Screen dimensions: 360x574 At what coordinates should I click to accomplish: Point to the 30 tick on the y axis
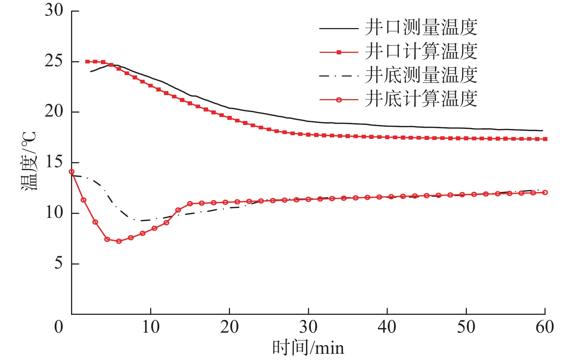(x=54, y=11)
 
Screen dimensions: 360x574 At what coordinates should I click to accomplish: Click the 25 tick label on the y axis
(x=54, y=61)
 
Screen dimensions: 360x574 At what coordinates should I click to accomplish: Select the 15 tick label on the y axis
(x=54, y=162)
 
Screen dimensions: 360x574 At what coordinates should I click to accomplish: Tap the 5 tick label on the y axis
(x=59, y=263)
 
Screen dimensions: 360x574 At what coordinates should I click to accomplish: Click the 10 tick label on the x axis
(x=151, y=327)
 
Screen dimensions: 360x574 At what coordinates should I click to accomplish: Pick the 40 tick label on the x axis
(x=387, y=327)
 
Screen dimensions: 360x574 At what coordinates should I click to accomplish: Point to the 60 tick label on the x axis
(x=545, y=327)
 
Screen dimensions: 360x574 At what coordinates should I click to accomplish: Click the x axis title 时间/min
(x=308, y=348)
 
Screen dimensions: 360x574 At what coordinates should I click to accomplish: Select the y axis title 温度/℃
(x=28, y=161)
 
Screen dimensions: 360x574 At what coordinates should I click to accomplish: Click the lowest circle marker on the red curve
(x=119, y=241)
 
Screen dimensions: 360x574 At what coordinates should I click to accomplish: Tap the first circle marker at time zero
(x=72, y=172)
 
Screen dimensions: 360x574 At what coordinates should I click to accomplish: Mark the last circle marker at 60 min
(x=545, y=192)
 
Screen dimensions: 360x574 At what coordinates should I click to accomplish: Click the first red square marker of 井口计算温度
(x=87, y=62)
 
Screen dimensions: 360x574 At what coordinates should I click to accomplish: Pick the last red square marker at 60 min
(x=545, y=139)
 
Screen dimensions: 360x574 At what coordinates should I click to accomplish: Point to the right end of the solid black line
(x=543, y=130)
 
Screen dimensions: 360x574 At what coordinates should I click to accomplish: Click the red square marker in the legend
(x=339, y=52)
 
